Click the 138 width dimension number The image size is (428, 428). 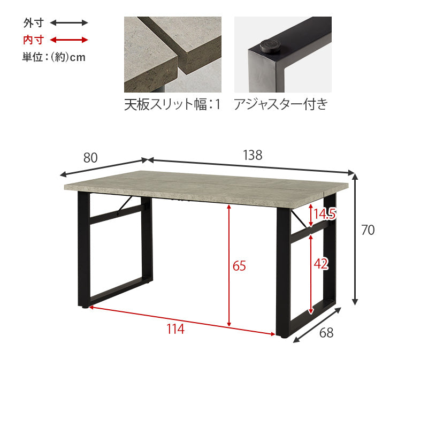[x=253, y=155]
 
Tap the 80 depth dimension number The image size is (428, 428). [x=90, y=157]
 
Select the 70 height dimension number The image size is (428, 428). [x=368, y=230]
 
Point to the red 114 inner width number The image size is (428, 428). [x=175, y=329]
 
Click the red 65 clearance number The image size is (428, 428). [x=239, y=265]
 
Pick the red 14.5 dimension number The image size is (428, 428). [x=324, y=213]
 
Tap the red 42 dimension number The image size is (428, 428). [x=321, y=264]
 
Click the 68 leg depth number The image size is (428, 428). [x=326, y=333]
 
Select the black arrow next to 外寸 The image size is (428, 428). [x=69, y=22]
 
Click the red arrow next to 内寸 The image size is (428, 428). [x=69, y=40]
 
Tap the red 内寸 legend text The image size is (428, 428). [x=33, y=40]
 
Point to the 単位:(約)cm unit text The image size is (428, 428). [x=54, y=57]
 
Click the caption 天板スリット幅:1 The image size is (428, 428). [x=172, y=104]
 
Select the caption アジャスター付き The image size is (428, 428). [x=281, y=104]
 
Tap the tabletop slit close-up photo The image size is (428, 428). [x=173, y=55]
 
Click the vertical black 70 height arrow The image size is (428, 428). [x=355, y=239]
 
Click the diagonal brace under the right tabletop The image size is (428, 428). [x=299, y=219]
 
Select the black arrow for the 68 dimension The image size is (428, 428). [x=317, y=325]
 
